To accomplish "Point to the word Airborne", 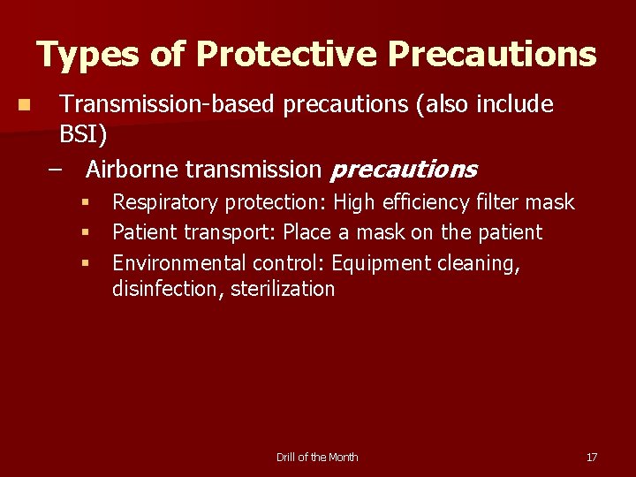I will coord(132,169).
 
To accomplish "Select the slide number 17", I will coord(592,457).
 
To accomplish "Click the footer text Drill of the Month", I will coord(317,457).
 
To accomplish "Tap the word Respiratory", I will coord(165,203).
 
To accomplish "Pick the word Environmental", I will coord(179,263).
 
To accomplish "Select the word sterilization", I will coord(283,289).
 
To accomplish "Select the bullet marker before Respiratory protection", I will coord(86,203).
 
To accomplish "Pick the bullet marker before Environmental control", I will coord(86,263).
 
